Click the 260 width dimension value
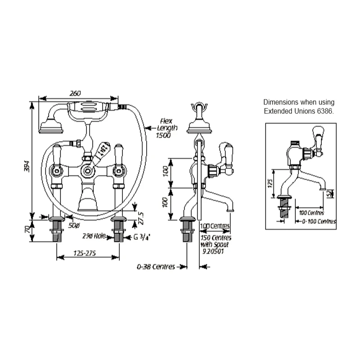coord(76,93)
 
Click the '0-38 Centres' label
coord(156,267)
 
